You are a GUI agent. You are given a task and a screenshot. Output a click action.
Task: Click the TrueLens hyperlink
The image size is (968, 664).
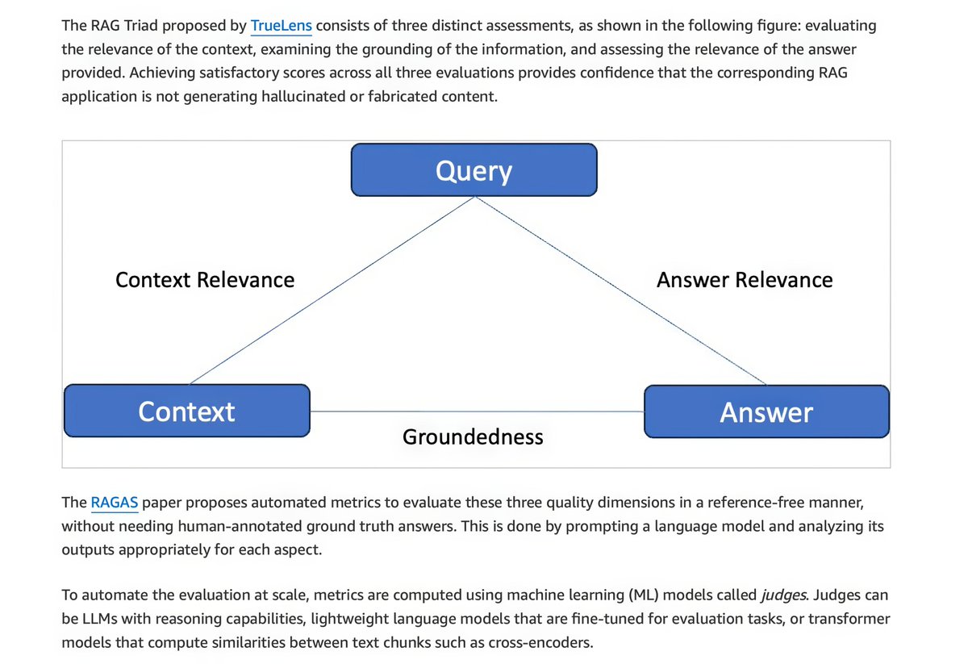click(281, 26)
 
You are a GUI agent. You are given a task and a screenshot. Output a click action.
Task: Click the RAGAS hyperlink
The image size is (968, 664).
click(115, 503)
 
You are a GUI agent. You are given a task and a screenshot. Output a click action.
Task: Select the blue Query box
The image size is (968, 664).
click(474, 170)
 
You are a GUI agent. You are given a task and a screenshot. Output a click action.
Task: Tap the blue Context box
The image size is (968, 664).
click(186, 411)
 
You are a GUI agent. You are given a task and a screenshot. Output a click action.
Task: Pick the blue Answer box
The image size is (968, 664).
click(766, 411)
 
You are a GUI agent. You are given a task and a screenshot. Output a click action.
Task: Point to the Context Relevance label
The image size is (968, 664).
click(205, 280)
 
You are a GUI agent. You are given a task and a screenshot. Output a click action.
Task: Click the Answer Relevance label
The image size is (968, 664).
click(744, 280)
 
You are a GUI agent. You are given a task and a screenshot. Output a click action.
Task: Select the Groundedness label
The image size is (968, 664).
click(473, 436)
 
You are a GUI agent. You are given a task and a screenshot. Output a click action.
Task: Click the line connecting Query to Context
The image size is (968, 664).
click(331, 290)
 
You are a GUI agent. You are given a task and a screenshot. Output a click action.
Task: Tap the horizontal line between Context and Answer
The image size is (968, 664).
click(476, 411)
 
